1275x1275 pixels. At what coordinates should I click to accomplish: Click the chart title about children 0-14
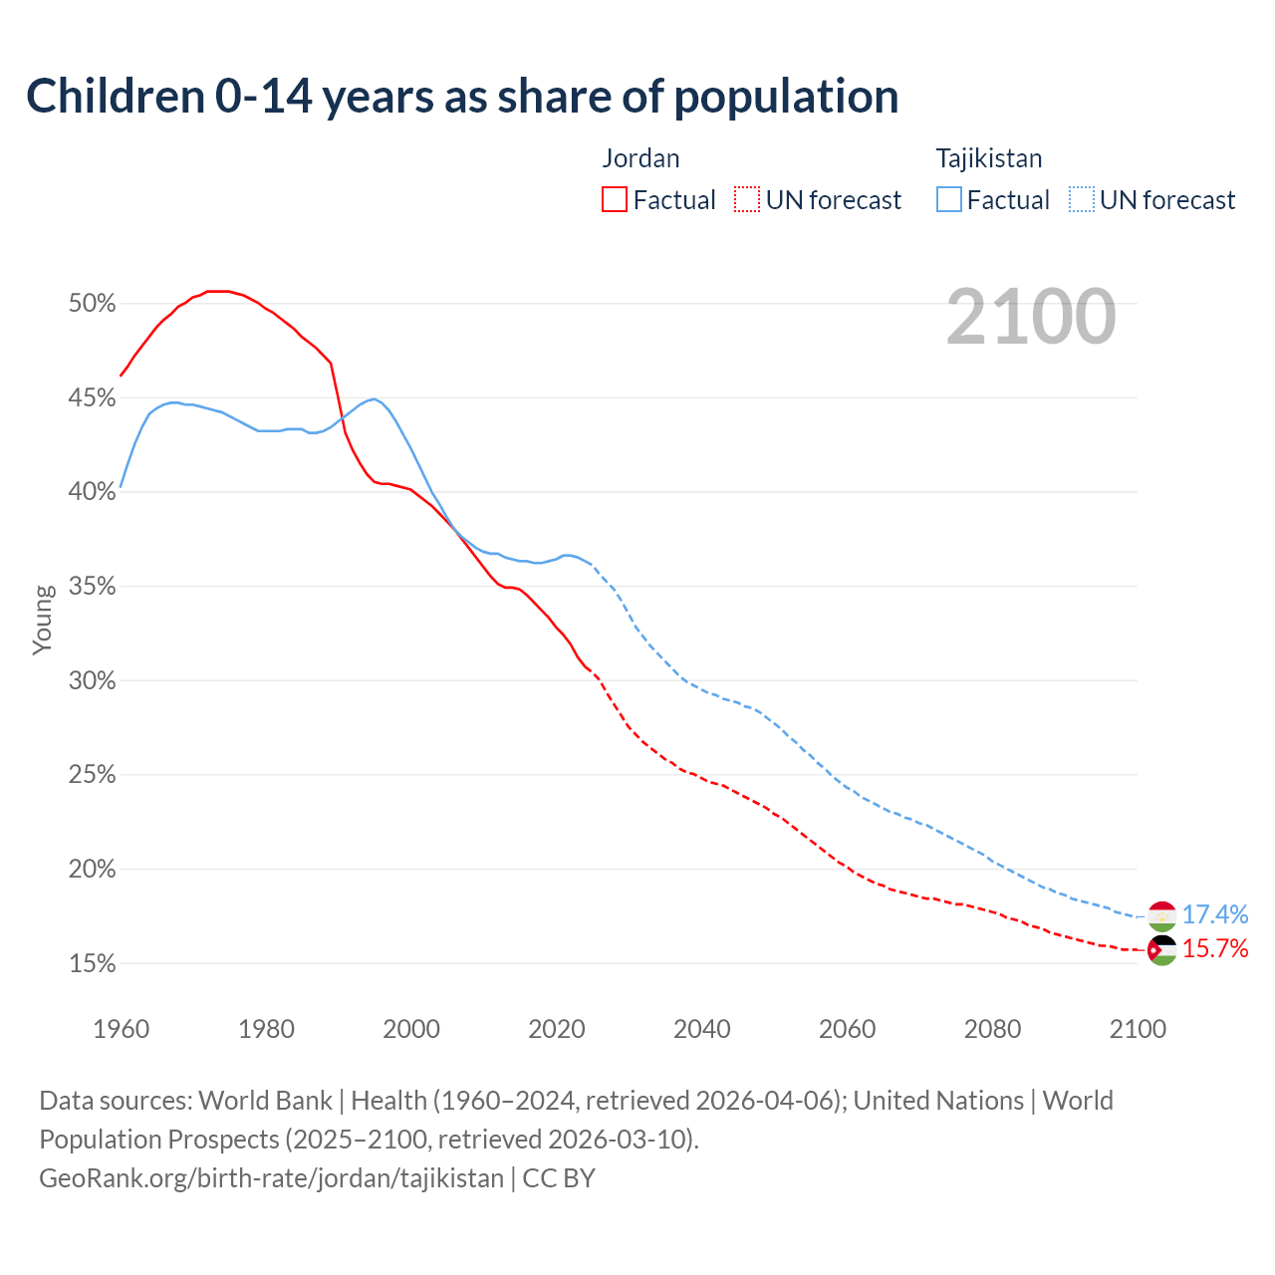pyautogui.click(x=462, y=97)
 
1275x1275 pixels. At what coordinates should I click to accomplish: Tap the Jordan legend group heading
pyautogui.click(x=640, y=158)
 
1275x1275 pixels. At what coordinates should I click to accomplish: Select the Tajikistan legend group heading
pyautogui.click(x=988, y=158)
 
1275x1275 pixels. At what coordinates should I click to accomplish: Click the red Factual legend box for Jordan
pyautogui.click(x=615, y=200)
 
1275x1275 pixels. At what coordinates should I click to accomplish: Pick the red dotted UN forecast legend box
pyautogui.click(x=747, y=200)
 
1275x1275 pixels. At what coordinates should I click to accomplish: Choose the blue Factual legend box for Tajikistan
pyautogui.click(x=949, y=200)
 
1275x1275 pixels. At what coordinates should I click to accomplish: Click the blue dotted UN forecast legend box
pyautogui.click(x=1082, y=200)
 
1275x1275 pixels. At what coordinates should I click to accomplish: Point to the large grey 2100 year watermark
pyautogui.click(x=1031, y=317)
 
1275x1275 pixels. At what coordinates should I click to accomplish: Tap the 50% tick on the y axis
pyautogui.click(x=93, y=304)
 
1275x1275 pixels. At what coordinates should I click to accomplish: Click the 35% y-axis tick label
pyautogui.click(x=93, y=587)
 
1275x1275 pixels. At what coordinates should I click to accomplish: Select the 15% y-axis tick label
pyautogui.click(x=93, y=964)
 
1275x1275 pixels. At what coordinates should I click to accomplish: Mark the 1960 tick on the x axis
pyautogui.click(x=121, y=1029)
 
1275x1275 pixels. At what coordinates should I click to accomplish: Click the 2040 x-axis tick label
pyautogui.click(x=702, y=1029)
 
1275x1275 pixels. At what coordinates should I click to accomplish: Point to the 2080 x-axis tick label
pyautogui.click(x=992, y=1029)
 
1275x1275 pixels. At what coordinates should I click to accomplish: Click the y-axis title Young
pyautogui.click(x=43, y=620)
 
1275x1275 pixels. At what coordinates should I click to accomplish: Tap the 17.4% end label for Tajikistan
pyautogui.click(x=1215, y=914)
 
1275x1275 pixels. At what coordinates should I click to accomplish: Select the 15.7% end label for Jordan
pyautogui.click(x=1215, y=948)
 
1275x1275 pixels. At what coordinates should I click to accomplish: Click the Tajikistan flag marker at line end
pyautogui.click(x=1162, y=915)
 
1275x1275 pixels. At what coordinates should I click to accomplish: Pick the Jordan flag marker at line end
pyautogui.click(x=1162, y=950)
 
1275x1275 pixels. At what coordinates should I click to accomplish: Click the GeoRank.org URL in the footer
pyautogui.click(x=271, y=1178)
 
